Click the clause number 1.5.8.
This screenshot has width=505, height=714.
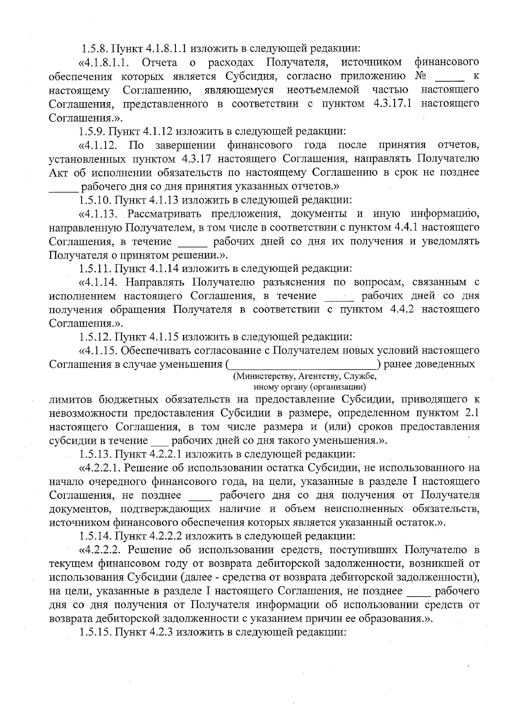[94, 48]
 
